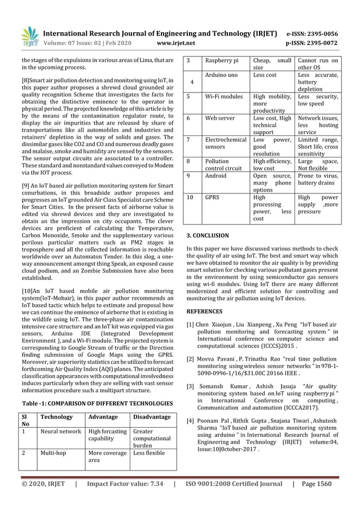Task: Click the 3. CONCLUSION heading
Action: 208,235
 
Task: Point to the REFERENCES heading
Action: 204,311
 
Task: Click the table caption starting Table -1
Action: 97,403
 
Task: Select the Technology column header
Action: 56,417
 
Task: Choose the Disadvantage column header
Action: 151,417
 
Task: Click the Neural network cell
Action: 60,432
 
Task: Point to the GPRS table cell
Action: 212,198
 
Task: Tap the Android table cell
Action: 216,175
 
